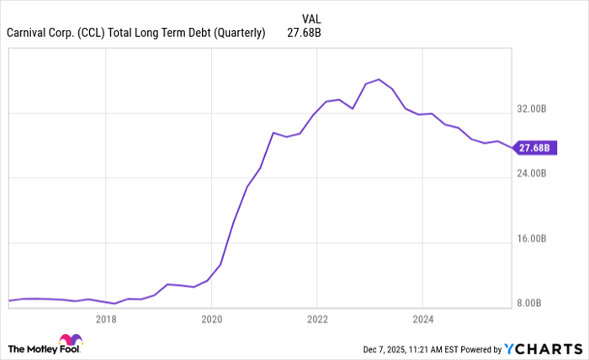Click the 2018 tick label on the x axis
105,320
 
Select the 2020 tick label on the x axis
211,320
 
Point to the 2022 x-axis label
317,320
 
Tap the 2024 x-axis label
423,320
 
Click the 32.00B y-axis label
533,109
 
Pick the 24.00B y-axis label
533,174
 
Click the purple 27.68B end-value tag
534,148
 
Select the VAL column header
310,18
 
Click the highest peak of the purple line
379,79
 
